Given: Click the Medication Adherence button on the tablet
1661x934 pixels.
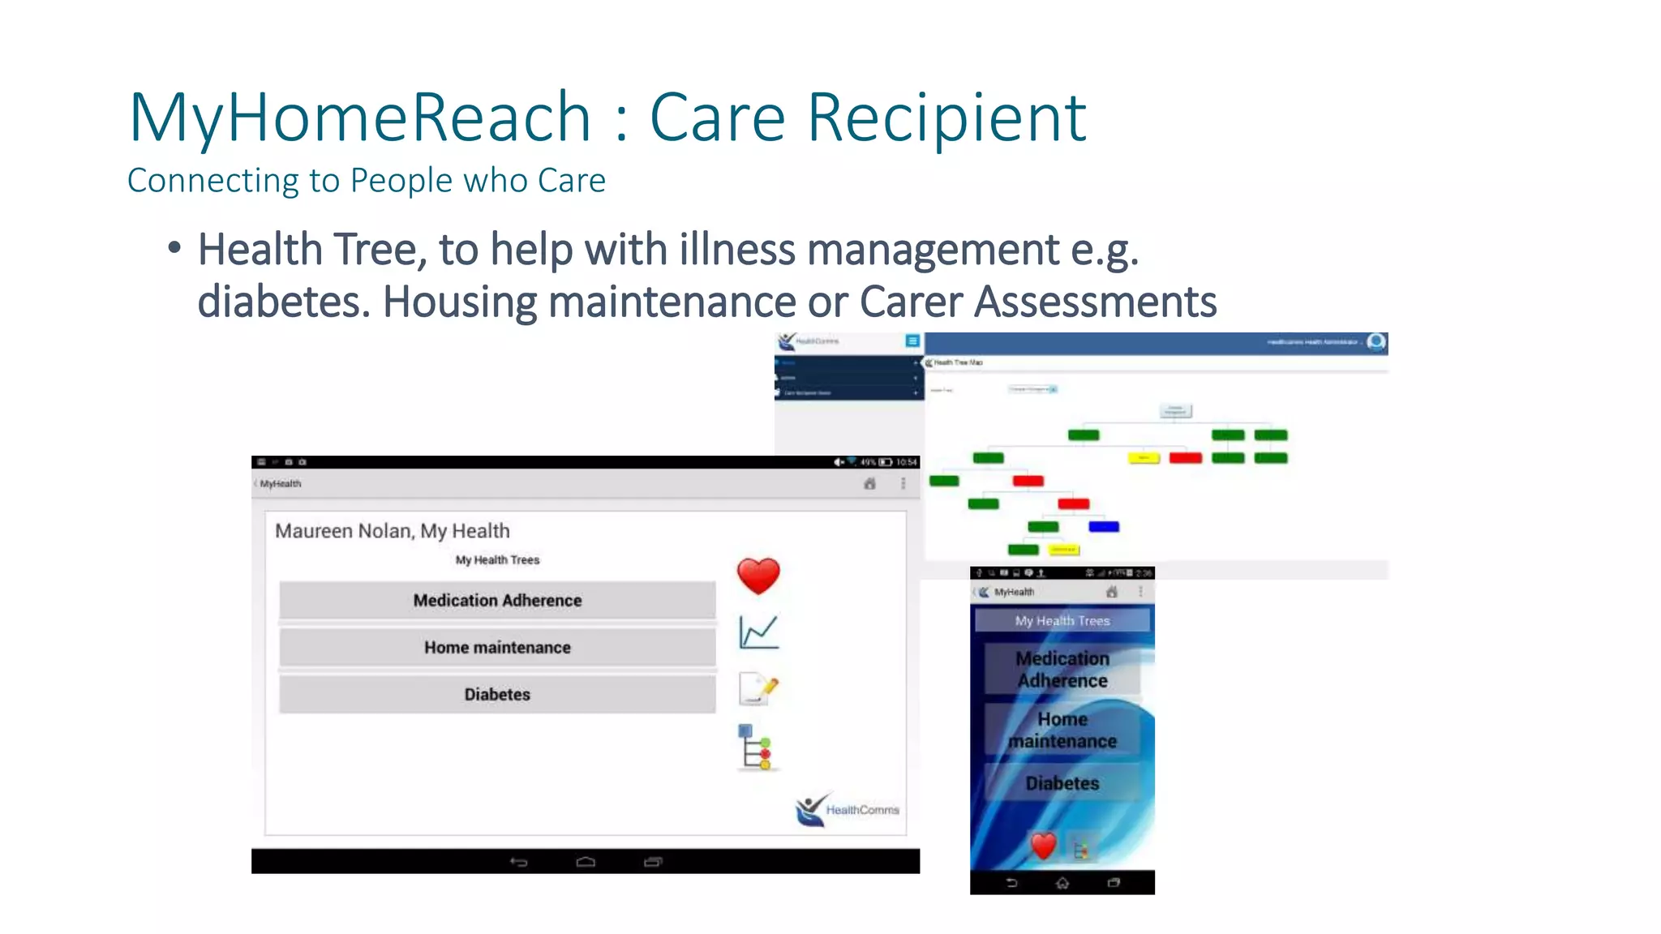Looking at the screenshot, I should (497, 601).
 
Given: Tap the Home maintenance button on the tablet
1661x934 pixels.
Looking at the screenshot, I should (497, 648).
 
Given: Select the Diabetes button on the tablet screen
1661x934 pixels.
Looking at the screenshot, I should (497, 695).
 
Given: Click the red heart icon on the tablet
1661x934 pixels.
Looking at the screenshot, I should (758, 576).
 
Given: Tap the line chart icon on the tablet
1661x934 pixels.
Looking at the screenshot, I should (759, 632).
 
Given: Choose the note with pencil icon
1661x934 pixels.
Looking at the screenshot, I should (758, 689).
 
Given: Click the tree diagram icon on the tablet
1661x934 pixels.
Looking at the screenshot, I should (756, 748).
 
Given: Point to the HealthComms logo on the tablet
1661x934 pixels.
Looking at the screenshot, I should (847, 809).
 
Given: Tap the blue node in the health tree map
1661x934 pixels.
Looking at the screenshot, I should (1103, 527).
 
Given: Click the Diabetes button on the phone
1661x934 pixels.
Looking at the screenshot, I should (1062, 783).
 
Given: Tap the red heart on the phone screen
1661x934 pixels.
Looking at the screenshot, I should (1043, 846).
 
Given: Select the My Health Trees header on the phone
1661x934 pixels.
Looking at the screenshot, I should (1062, 621).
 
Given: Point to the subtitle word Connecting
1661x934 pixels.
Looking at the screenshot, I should (212, 181).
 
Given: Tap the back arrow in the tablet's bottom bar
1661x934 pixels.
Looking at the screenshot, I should (519, 862).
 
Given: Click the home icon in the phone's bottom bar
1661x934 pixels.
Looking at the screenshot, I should (1062, 883).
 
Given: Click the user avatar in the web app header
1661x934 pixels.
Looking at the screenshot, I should (1376, 342).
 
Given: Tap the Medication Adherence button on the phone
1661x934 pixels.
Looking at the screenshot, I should (1062, 670).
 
